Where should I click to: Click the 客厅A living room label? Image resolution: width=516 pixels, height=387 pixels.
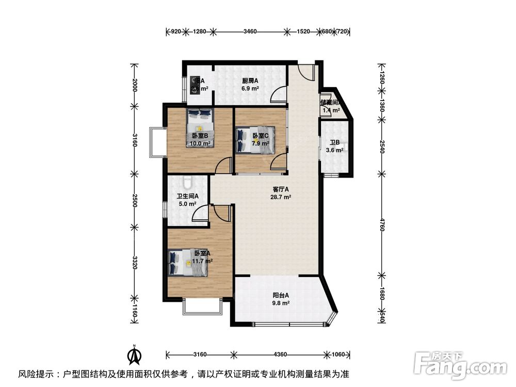click(280, 189)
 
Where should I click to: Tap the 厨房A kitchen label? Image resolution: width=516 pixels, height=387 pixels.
click(250, 81)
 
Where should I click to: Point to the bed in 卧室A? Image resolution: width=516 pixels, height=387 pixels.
click(188, 263)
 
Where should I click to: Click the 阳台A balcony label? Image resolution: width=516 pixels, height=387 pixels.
click(281, 296)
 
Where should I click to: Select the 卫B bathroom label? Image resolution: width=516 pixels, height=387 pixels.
click(334, 143)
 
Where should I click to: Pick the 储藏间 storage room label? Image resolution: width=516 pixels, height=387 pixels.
click(331, 103)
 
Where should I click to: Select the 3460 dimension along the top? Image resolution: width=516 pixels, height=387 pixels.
click(250, 32)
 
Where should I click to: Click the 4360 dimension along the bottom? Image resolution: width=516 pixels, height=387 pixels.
click(280, 354)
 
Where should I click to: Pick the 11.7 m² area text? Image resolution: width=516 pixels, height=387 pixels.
click(203, 261)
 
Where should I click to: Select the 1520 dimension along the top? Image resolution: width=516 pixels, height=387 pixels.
click(303, 32)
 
